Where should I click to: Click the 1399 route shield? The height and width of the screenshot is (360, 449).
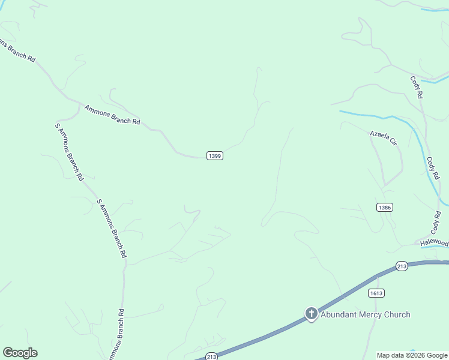[215, 155]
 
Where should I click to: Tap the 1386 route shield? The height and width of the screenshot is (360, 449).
[385, 207]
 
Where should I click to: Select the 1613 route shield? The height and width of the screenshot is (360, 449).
[376, 293]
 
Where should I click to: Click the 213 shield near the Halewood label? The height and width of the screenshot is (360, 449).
[402, 265]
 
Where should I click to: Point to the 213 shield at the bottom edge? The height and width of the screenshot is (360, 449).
[211, 356]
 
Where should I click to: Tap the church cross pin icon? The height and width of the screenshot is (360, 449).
[311, 313]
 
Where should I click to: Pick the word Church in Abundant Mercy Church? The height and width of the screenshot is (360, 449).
[398, 314]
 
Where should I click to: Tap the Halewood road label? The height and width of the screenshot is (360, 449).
[434, 242]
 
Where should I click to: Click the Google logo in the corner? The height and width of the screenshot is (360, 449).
[20, 353]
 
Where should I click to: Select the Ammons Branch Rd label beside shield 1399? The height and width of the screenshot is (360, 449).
[112, 115]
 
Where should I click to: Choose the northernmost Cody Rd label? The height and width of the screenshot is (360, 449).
[417, 87]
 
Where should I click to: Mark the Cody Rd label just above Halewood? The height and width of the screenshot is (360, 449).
[436, 222]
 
